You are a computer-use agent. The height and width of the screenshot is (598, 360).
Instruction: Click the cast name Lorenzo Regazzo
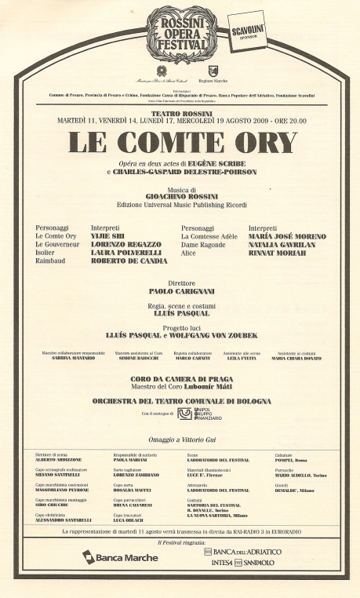pyautogui.click(x=122, y=244)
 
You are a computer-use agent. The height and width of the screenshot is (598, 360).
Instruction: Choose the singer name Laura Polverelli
pyautogui.click(x=121, y=253)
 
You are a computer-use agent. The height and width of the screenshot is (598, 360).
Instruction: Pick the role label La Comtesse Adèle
pyautogui.click(x=209, y=235)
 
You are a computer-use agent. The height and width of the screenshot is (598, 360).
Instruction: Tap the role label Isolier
pyautogui.click(x=45, y=253)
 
